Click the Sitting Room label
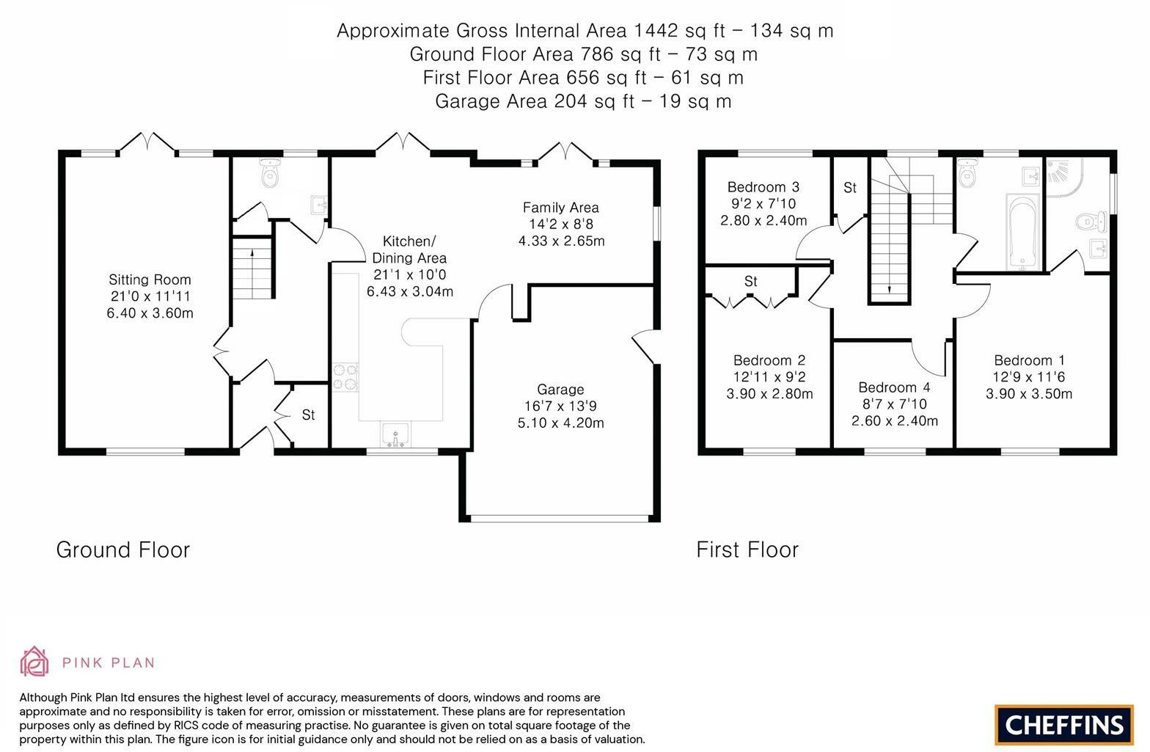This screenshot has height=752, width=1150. (150, 280)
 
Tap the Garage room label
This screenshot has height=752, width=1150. (560, 390)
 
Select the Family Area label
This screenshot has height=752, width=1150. (560, 208)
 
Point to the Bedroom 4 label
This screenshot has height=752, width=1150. (894, 387)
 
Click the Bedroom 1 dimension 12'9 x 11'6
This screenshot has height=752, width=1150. (1029, 377)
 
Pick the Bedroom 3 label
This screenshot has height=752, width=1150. (763, 187)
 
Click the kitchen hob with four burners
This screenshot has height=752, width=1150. (345, 377)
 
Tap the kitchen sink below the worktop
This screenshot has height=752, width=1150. (395, 434)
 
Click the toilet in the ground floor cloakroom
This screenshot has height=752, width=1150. (270, 172)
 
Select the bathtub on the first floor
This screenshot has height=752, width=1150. (1023, 232)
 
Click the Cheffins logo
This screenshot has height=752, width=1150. (1063, 725)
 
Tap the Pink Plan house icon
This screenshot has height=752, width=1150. (34, 661)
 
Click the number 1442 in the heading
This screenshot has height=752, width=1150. (656, 31)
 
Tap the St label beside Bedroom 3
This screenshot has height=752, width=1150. (849, 188)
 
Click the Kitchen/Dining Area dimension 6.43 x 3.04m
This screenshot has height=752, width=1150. (410, 292)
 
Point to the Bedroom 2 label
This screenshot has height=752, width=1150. (769, 360)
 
